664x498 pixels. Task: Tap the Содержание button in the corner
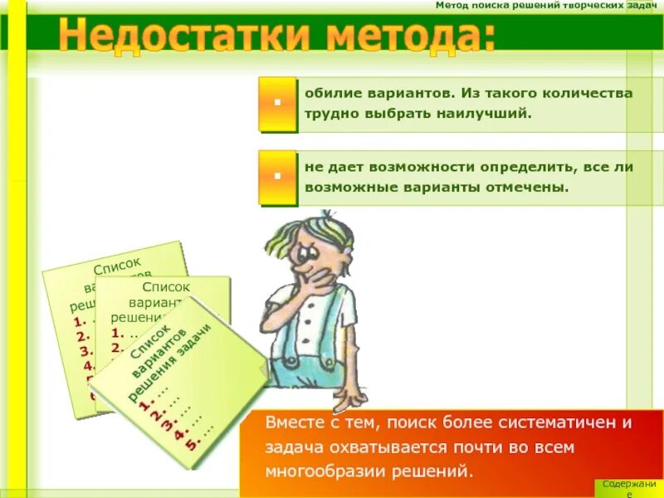tap(629, 488)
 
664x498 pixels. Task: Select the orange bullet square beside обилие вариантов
tap(277, 103)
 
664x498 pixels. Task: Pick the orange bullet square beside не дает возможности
tap(277, 176)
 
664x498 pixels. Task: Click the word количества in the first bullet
tap(594, 93)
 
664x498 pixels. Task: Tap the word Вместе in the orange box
tap(292, 422)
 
